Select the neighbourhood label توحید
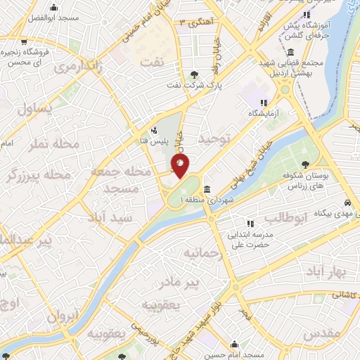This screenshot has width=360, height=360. pos(214,139)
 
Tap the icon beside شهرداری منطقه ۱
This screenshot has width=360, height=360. pos(207,190)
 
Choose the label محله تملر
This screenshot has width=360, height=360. pos(53,146)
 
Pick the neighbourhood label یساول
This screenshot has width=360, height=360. pos(34,110)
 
